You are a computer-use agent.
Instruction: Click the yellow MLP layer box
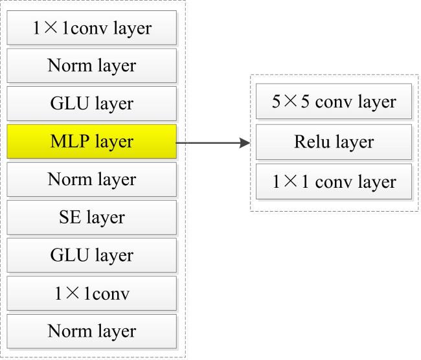pyautogui.click(x=91, y=141)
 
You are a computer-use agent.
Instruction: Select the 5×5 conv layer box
pyautogui.click(x=334, y=101)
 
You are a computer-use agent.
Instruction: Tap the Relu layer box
pyautogui.click(x=334, y=142)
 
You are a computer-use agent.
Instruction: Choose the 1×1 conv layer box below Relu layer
pyautogui.click(x=334, y=181)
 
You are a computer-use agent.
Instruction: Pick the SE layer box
pyautogui.click(x=91, y=217)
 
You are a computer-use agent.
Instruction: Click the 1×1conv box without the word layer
pyautogui.click(x=91, y=293)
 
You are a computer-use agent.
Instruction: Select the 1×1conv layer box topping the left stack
pyautogui.click(x=91, y=27)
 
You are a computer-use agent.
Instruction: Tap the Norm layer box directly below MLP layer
pyautogui.click(x=91, y=179)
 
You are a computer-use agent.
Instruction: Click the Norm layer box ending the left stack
pyautogui.click(x=91, y=332)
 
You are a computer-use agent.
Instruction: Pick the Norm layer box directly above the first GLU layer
pyautogui.click(x=91, y=65)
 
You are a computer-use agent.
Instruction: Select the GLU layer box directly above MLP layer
pyautogui.click(x=91, y=104)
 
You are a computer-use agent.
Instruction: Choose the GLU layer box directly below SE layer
pyautogui.click(x=91, y=255)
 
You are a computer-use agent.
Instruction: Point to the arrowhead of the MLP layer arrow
pyautogui.click(x=245, y=143)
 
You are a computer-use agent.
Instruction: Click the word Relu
pyautogui.click(x=312, y=142)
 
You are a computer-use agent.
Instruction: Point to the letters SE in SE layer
pyautogui.click(x=70, y=217)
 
